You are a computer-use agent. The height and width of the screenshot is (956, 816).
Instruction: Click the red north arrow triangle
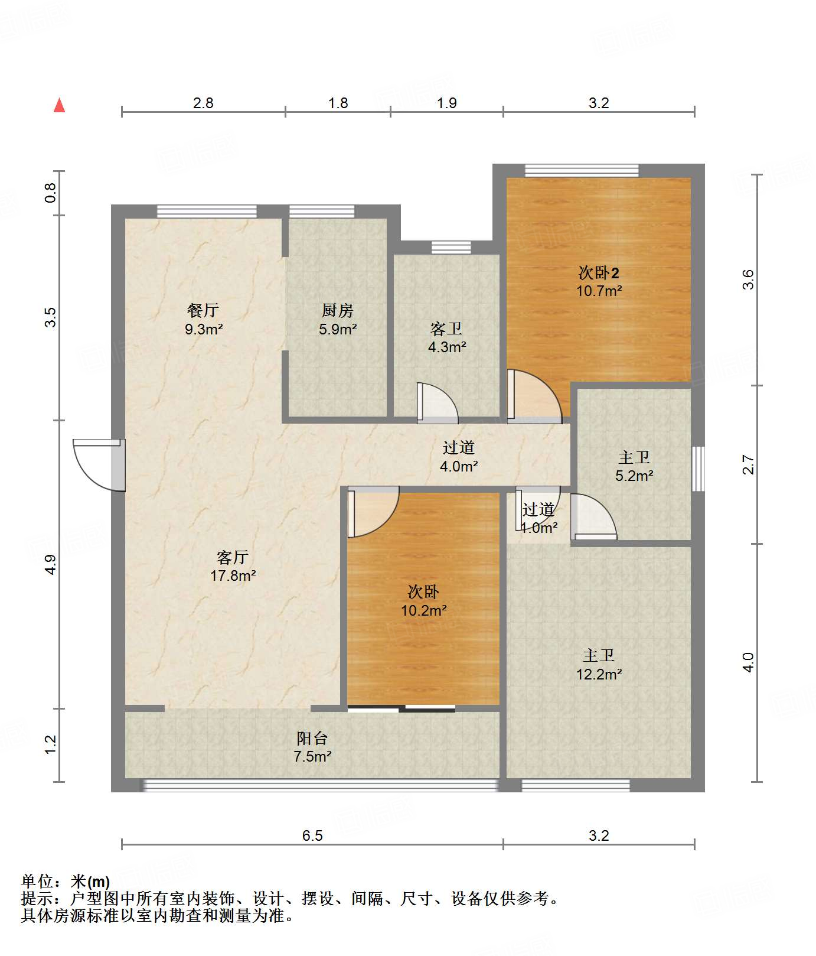[59, 105]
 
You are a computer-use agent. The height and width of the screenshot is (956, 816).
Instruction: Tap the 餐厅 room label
[203, 310]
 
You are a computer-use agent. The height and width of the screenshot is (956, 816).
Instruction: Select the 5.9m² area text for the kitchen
[338, 330]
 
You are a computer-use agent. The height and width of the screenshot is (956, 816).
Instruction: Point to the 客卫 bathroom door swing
[438, 403]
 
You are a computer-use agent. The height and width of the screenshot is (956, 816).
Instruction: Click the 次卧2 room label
[599, 273]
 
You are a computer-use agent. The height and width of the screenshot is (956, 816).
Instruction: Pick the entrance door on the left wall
[99, 464]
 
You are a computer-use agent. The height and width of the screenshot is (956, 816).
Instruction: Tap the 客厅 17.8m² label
[233, 566]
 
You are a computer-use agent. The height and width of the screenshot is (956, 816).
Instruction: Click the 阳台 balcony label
[312, 738]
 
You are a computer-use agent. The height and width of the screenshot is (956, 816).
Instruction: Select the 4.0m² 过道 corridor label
[459, 457]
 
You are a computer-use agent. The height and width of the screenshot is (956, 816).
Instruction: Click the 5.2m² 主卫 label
[634, 466]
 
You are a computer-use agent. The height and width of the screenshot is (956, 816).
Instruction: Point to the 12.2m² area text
[599, 674]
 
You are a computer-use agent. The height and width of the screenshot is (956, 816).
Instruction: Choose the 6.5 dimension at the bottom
[312, 835]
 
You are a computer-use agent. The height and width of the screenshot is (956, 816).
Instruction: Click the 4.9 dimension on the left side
[51, 564]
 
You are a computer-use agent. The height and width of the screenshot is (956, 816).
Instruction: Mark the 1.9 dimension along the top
[446, 103]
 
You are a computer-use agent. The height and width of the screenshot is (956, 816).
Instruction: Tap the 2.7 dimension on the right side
[748, 464]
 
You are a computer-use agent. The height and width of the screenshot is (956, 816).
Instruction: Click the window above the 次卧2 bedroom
[582, 170]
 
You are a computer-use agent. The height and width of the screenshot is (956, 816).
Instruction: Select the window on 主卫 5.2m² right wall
[698, 469]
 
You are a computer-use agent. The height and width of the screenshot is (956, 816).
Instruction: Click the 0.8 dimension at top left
[51, 193]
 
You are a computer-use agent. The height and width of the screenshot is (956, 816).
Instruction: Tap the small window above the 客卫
[451, 247]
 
